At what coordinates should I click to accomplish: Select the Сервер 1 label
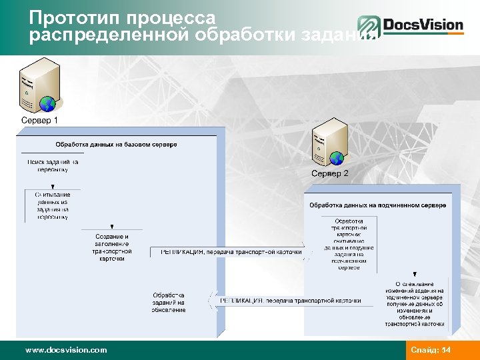[x=40, y=121]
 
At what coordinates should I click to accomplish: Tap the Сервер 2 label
[x=329, y=173]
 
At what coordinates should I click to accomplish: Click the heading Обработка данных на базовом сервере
[x=116, y=144]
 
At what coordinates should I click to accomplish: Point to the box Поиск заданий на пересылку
[x=53, y=165]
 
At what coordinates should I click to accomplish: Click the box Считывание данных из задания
[x=53, y=205]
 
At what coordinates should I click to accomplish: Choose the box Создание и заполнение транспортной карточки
[x=112, y=247]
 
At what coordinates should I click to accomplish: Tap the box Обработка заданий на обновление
[x=169, y=302]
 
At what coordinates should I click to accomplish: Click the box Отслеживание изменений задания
[x=415, y=305]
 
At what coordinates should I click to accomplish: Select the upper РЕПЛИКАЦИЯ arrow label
[x=231, y=253]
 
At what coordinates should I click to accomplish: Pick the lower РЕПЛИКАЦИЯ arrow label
[x=290, y=301]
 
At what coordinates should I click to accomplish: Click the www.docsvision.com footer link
[x=65, y=350]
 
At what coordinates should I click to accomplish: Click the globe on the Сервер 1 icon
[x=47, y=103]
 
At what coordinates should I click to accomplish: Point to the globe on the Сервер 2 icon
[x=337, y=158]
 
